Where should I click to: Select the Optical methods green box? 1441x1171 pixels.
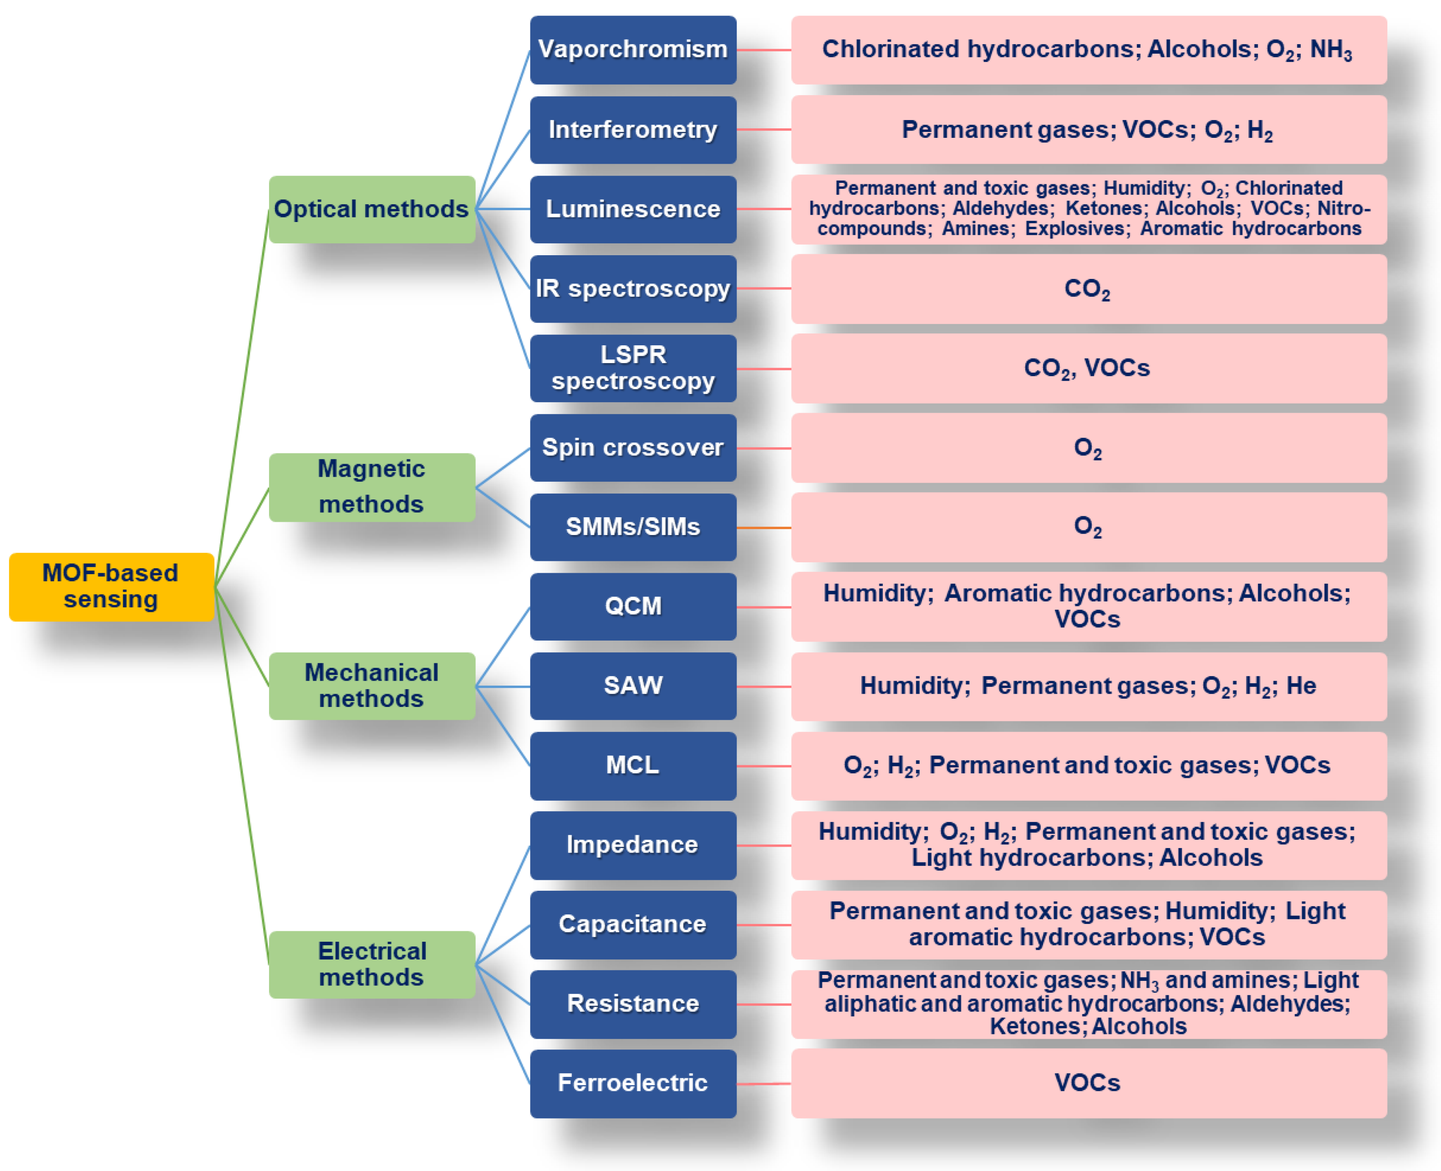pos(371,209)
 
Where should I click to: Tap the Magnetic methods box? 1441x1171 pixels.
pos(371,486)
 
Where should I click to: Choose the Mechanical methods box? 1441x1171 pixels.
pos(371,685)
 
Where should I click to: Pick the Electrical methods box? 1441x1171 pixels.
pos(371,964)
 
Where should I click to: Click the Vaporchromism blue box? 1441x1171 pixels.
pos(632,49)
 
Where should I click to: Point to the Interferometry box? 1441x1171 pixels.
pos(632,130)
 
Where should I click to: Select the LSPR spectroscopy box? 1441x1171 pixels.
pos(632,368)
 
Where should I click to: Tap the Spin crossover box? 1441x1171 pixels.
pos(632,447)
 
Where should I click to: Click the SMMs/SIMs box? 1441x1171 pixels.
pos(632,527)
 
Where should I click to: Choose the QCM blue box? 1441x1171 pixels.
pos(632,606)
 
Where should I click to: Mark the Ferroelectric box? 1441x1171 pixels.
pos(632,1083)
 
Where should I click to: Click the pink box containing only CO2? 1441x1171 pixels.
pos(1088,289)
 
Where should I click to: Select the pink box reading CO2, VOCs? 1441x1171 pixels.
pos(1088,368)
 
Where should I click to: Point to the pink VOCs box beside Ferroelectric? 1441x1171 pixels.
pos(1088,1083)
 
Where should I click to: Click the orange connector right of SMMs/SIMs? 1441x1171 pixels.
pos(764,527)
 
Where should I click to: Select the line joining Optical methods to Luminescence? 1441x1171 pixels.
pos(503,209)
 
